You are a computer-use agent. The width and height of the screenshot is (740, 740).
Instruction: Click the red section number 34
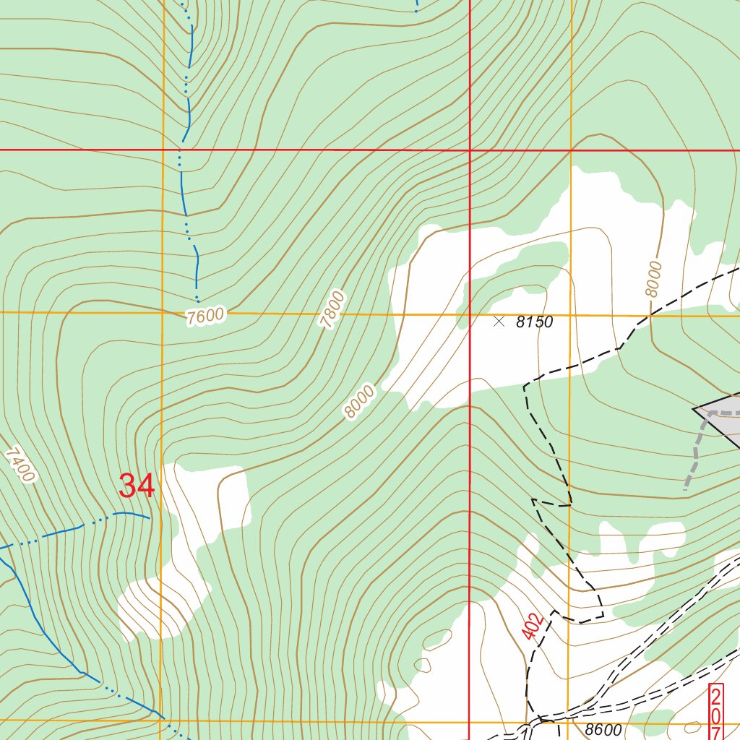137,486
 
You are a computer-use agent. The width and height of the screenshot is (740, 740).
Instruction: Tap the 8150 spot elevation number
534,322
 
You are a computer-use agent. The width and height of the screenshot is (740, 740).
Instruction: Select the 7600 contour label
205,317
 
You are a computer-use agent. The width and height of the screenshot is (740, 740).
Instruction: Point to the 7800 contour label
333,310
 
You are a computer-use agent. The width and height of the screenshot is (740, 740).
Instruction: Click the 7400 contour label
20,465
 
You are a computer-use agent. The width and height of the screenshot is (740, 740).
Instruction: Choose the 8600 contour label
604,730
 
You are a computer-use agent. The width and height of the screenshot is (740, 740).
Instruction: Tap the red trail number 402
532,626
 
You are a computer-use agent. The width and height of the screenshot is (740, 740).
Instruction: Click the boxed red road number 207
715,711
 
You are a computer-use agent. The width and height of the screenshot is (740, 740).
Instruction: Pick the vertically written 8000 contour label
654,278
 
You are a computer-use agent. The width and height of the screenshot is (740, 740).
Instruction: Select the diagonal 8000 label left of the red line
359,402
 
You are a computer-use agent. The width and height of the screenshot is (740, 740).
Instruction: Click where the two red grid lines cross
470,150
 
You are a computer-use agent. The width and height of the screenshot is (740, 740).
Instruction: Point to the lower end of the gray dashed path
685,489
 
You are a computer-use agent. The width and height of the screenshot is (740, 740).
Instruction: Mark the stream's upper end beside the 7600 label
197,298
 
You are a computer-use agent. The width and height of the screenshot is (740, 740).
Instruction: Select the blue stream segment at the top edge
417,6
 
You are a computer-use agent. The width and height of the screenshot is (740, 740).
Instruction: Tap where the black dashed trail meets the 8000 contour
650,315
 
